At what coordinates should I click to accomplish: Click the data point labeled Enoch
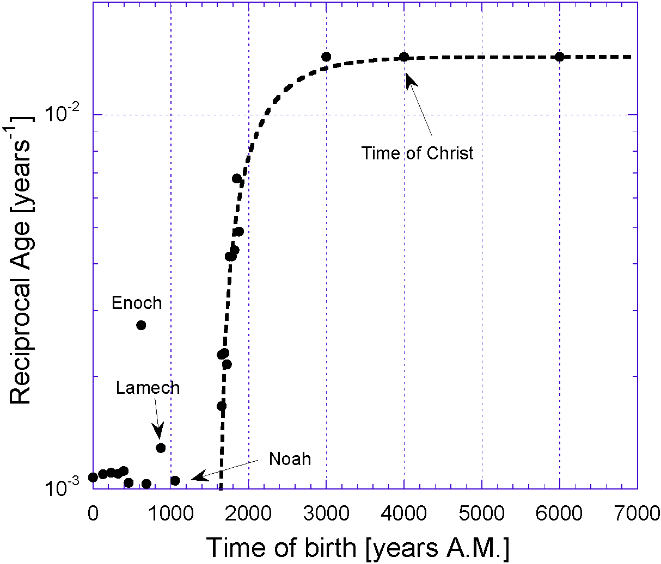(x=141, y=325)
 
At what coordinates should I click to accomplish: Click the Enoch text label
(x=137, y=303)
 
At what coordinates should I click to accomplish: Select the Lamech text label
(x=148, y=388)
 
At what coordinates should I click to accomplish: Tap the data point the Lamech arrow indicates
(x=161, y=448)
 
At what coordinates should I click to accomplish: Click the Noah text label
(x=290, y=459)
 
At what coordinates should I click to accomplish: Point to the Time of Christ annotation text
(x=418, y=153)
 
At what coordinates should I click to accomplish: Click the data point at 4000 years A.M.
(x=404, y=57)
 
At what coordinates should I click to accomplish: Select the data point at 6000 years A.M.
(x=559, y=57)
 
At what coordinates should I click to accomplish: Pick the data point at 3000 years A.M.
(x=326, y=57)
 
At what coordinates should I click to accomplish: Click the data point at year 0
(x=93, y=478)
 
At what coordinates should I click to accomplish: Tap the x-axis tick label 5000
(x=482, y=513)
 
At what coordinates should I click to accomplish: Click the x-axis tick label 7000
(x=636, y=513)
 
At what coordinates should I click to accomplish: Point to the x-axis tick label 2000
(x=249, y=513)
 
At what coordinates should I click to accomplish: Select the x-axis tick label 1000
(x=171, y=513)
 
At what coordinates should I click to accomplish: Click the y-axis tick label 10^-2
(x=62, y=113)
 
